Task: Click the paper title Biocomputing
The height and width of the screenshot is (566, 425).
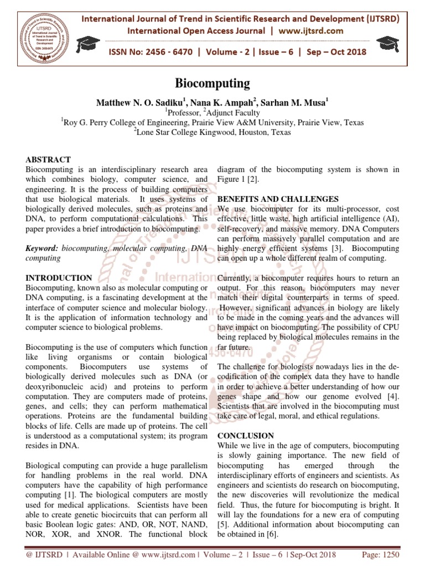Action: click(x=212, y=83)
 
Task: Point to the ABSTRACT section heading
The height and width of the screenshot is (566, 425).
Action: click(x=48, y=160)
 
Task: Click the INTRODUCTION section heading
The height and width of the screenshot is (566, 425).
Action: click(x=59, y=278)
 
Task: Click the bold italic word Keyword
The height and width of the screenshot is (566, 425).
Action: click(x=42, y=249)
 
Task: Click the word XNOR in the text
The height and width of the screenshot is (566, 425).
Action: click(x=106, y=535)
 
